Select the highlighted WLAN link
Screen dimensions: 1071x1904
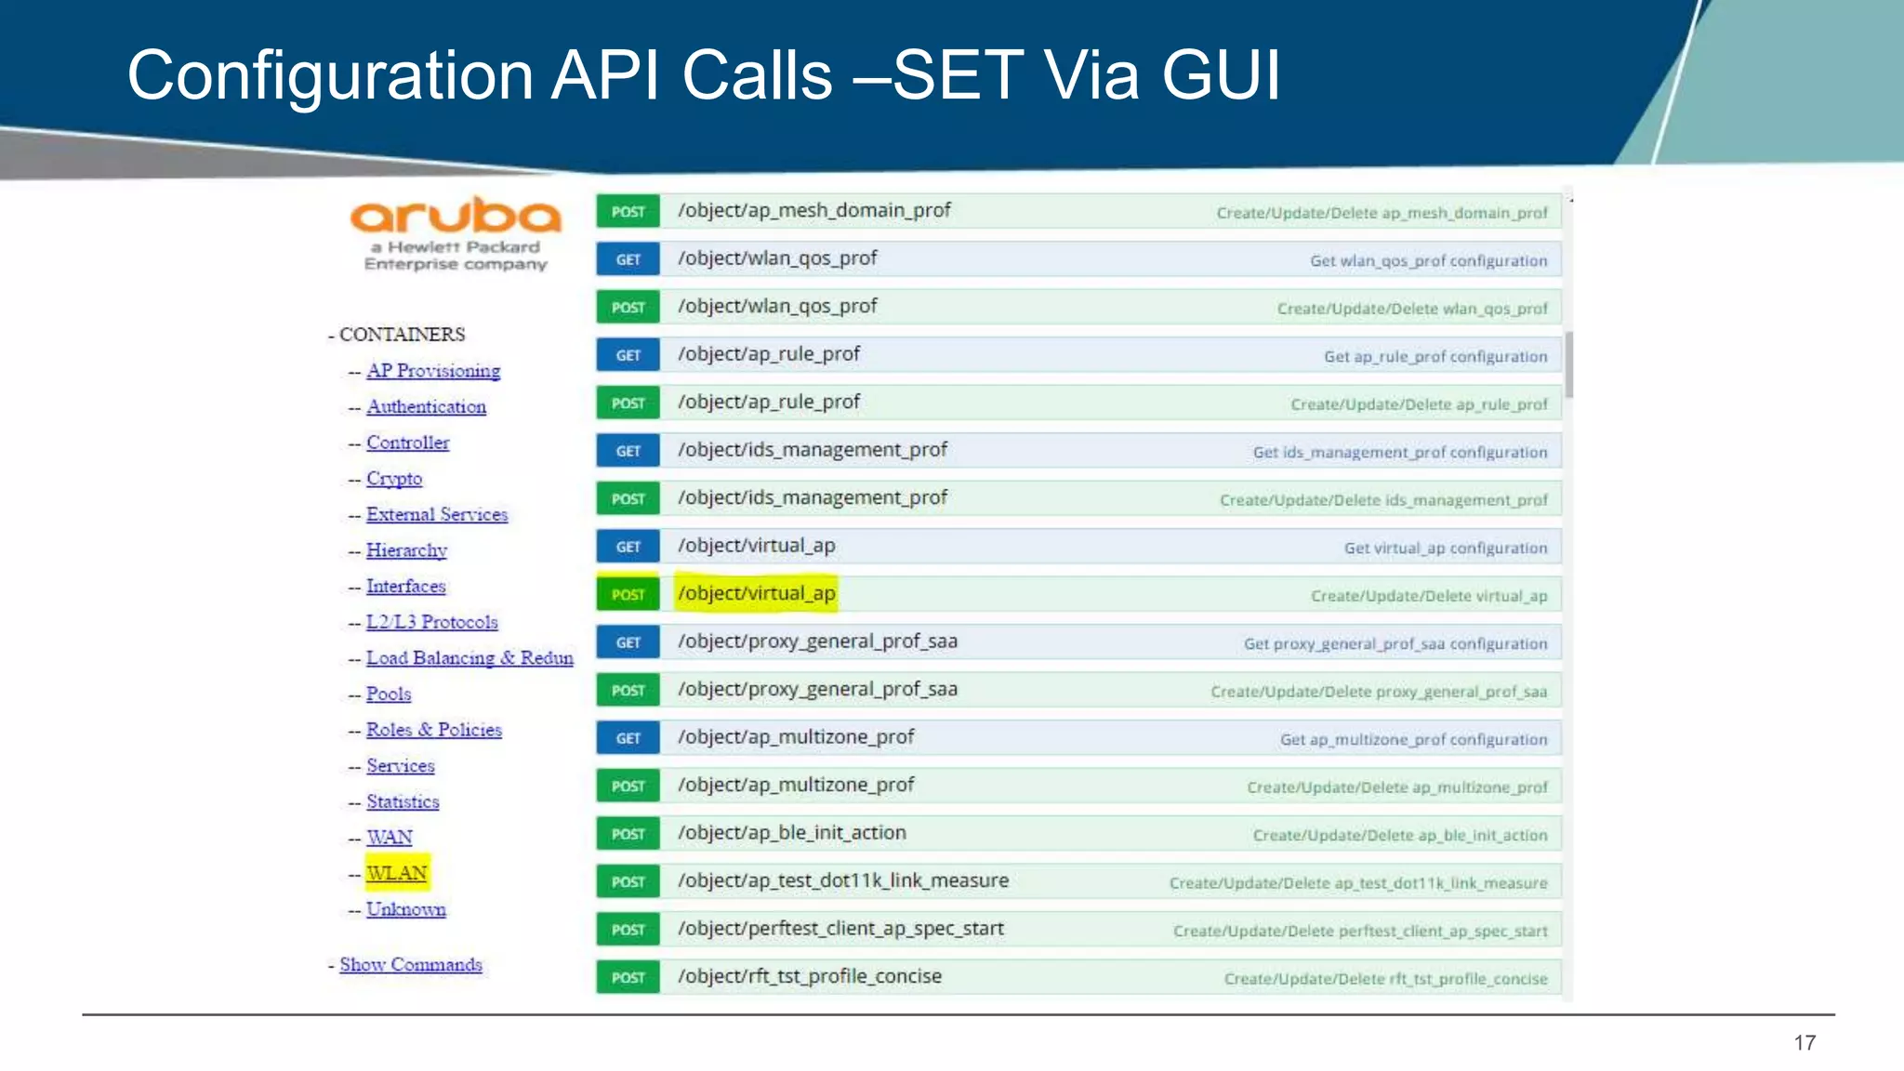396,873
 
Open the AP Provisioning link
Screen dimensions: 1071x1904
432,371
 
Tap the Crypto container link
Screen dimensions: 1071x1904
394,479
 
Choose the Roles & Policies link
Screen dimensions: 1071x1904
433,730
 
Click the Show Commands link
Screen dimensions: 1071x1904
410,964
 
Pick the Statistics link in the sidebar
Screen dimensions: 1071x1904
403,801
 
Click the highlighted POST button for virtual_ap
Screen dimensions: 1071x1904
628,594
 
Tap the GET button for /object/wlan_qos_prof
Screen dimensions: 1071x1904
628,259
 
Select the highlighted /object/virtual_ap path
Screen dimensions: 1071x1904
756,593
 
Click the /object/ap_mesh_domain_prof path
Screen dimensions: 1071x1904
813,210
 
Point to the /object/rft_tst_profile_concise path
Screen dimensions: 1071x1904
809,976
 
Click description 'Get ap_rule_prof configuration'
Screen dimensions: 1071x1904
1435,357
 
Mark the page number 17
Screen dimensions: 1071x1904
1805,1042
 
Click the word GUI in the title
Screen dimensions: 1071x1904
1221,74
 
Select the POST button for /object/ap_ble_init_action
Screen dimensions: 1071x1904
628,834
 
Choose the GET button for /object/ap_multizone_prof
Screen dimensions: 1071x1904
628,738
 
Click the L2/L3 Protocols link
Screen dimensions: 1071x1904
431,622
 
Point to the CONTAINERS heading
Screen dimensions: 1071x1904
402,335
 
